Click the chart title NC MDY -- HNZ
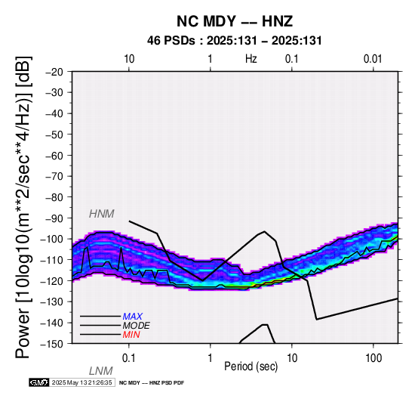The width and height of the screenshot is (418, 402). pyautogui.click(x=235, y=21)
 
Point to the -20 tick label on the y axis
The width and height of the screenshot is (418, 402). pyautogui.click(x=54, y=72)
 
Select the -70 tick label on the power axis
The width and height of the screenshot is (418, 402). pyautogui.click(x=54, y=176)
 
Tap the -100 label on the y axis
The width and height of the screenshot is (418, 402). pyautogui.click(x=52, y=239)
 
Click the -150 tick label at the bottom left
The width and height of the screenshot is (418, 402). pyautogui.click(x=52, y=344)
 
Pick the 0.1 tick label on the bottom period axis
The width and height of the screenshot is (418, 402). pyautogui.click(x=129, y=358)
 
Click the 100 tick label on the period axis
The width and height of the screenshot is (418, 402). pyautogui.click(x=373, y=358)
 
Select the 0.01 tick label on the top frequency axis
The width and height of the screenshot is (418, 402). pyautogui.click(x=373, y=59)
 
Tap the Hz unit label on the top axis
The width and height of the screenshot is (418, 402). pyautogui.click(x=251, y=59)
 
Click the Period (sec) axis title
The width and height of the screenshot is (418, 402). pyautogui.click(x=251, y=366)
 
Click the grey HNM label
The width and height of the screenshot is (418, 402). pyautogui.click(x=102, y=214)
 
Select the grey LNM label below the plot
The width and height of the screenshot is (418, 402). pyautogui.click(x=101, y=371)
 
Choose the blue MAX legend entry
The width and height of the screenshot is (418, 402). pyautogui.click(x=133, y=317)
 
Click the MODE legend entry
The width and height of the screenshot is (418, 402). pyautogui.click(x=137, y=326)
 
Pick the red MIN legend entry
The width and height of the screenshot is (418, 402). pyautogui.click(x=131, y=335)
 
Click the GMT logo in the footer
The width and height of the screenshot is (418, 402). pyautogui.click(x=39, y=382)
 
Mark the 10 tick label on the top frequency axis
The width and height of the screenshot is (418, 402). pyautogui.click(x=129, y=59)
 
